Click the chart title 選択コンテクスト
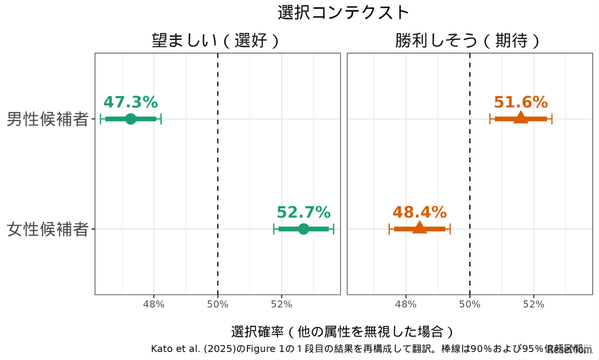(x=343, y=13)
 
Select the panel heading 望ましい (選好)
(x=216, y=41)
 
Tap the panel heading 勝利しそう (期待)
(x=468, y=41)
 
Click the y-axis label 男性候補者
(x=48, y=119)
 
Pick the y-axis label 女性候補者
(x=48, y=229)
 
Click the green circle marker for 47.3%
(x=131, y=119)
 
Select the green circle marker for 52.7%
(x=304, y=229)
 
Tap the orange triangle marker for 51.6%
(x=520, y=118)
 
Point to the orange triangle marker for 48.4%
(x=419, y=228)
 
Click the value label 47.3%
(x=131, y=102)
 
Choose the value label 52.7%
(x=304, y=212)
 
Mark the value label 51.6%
(x=520, y=102)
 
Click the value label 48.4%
(x=419, y=212)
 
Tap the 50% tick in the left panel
(x=218, y=304)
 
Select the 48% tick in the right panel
(x=406, y=304)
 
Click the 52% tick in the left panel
(x=282, y=304)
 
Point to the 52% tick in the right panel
(x=533, y=304)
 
